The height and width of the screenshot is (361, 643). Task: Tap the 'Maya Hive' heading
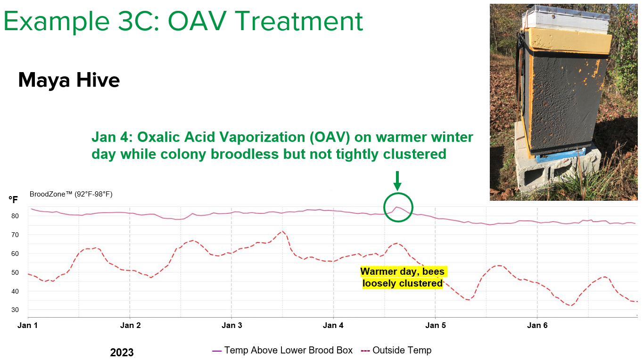click(x=69, y=80)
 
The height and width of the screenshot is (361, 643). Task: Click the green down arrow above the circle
click(x=397, y=181)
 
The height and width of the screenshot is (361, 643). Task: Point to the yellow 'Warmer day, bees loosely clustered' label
click(x=403, y=277)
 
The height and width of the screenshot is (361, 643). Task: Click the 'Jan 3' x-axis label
click(x=231, y=325)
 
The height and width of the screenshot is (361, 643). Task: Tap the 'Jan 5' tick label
click(x=436, y=325)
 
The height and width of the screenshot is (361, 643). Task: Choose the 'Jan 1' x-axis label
click(x=27, y=325)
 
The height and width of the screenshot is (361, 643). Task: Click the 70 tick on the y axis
click(x=15, y=235)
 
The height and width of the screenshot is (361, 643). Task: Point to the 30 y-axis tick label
click(x=15, y=310)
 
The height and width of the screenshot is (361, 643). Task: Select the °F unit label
click(x=13, y=199)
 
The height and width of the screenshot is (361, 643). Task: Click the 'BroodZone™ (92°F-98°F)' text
click(x=71, y=194)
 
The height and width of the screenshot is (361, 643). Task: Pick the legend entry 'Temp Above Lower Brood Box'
click(x=282, y=350)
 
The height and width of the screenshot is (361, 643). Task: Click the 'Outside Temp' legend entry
click(x=396, y=350)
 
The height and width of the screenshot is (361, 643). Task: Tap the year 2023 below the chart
click(x=122, y=353)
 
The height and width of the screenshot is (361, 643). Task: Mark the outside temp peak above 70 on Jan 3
click(x=283, y=231)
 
